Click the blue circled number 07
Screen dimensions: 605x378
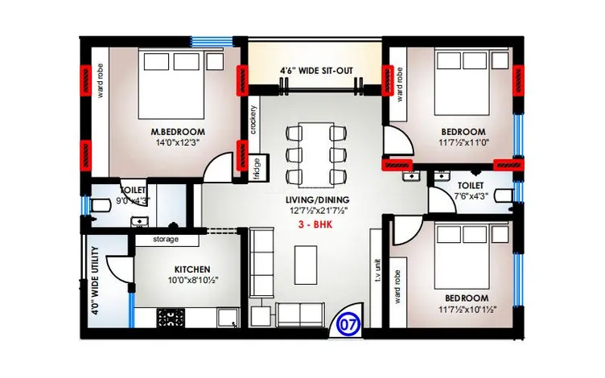click(349, 323)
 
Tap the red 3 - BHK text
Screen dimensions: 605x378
click(315, 225)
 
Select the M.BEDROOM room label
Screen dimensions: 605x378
click(178, 132)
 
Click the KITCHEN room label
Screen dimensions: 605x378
click(192, 269)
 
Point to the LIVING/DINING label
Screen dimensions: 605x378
click(317, 199)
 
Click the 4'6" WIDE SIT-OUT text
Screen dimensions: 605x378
click(316, 71)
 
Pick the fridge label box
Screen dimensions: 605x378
click(257, 167)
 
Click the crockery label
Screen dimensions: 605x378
click(253, 120)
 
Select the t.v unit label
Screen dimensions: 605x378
click(378, 275)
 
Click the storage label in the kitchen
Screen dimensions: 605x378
click(166, 239)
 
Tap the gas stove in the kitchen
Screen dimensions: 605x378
click(171, 318)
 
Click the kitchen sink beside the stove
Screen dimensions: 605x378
click(228, 318)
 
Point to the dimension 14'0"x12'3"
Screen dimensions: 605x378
click(178, 142)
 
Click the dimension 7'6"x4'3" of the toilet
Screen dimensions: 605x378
click(471, 196)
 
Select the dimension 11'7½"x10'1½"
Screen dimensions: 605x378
click(467, 310)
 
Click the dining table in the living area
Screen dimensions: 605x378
click(315, 155)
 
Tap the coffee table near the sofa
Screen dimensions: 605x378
click(306, 265)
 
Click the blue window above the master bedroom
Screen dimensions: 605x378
click(212, 42)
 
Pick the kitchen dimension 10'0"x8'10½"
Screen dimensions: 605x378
click(193, 281)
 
